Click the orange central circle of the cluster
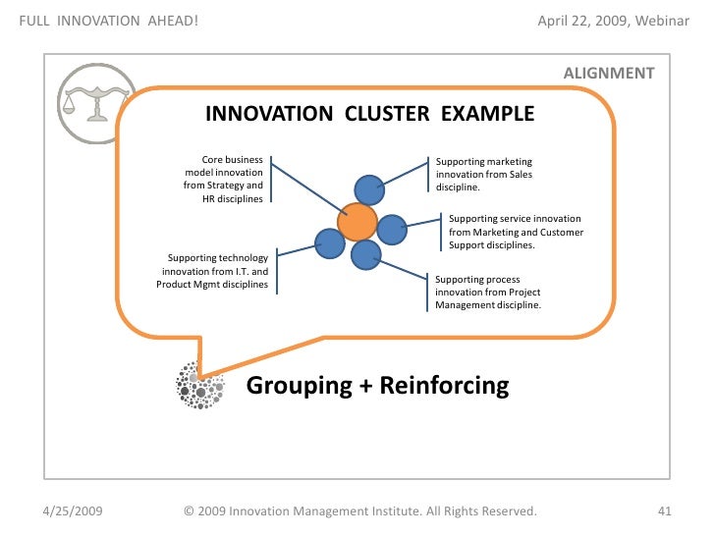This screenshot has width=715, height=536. click(357, 223)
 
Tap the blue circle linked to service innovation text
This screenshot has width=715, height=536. click(392, 230)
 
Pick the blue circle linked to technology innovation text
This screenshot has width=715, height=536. click(327, 241)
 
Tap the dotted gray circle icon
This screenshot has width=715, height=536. click(197, 384)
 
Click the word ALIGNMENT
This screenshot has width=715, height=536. click(608, 73)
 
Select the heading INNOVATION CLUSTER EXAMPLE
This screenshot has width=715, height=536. click(369, 114)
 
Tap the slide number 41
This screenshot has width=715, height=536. click(663, 511)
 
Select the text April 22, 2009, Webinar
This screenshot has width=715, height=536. click(614, 22)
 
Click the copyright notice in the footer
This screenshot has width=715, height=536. click(360, 511)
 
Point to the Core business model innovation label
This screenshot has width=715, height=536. click(224, 178)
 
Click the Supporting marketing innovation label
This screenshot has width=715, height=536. click(484, 174)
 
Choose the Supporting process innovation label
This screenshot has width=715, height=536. click(488, 293)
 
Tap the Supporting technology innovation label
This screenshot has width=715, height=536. click(212, 271)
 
